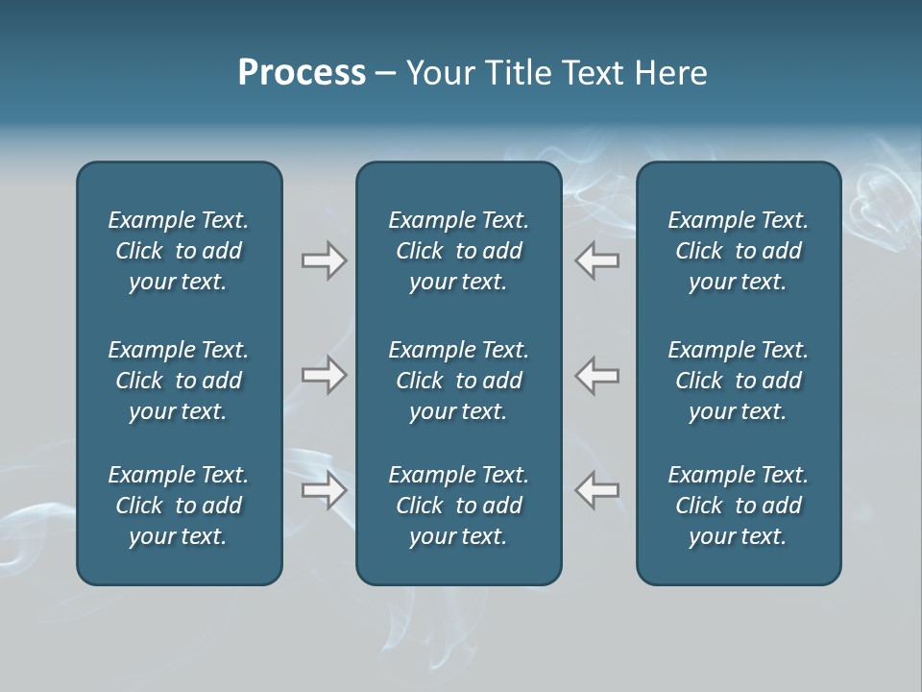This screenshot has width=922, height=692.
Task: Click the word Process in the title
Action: [302, 73]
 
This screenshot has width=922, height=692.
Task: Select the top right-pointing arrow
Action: [325, 260]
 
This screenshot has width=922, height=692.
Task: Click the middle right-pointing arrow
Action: [325, 375]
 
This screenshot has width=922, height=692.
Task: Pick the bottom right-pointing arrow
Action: [325, 490]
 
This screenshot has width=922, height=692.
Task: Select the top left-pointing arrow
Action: [596, 260]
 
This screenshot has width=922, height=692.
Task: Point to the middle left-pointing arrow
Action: [596, 375]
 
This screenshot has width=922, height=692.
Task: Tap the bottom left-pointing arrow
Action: [596, 490]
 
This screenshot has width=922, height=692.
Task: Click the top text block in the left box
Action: [179, 251]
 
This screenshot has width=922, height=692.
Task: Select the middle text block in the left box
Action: [179, 381]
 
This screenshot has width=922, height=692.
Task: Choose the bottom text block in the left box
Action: [179, 506]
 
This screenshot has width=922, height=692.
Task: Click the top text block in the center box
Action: [458, 251]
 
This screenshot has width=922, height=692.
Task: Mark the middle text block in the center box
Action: [458, 381]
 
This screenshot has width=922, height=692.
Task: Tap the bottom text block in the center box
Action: [458, 506]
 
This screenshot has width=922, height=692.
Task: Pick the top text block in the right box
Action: [738, 251]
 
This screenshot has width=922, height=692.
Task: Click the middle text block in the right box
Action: [738, 381]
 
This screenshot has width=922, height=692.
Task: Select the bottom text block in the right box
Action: [738, 506]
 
